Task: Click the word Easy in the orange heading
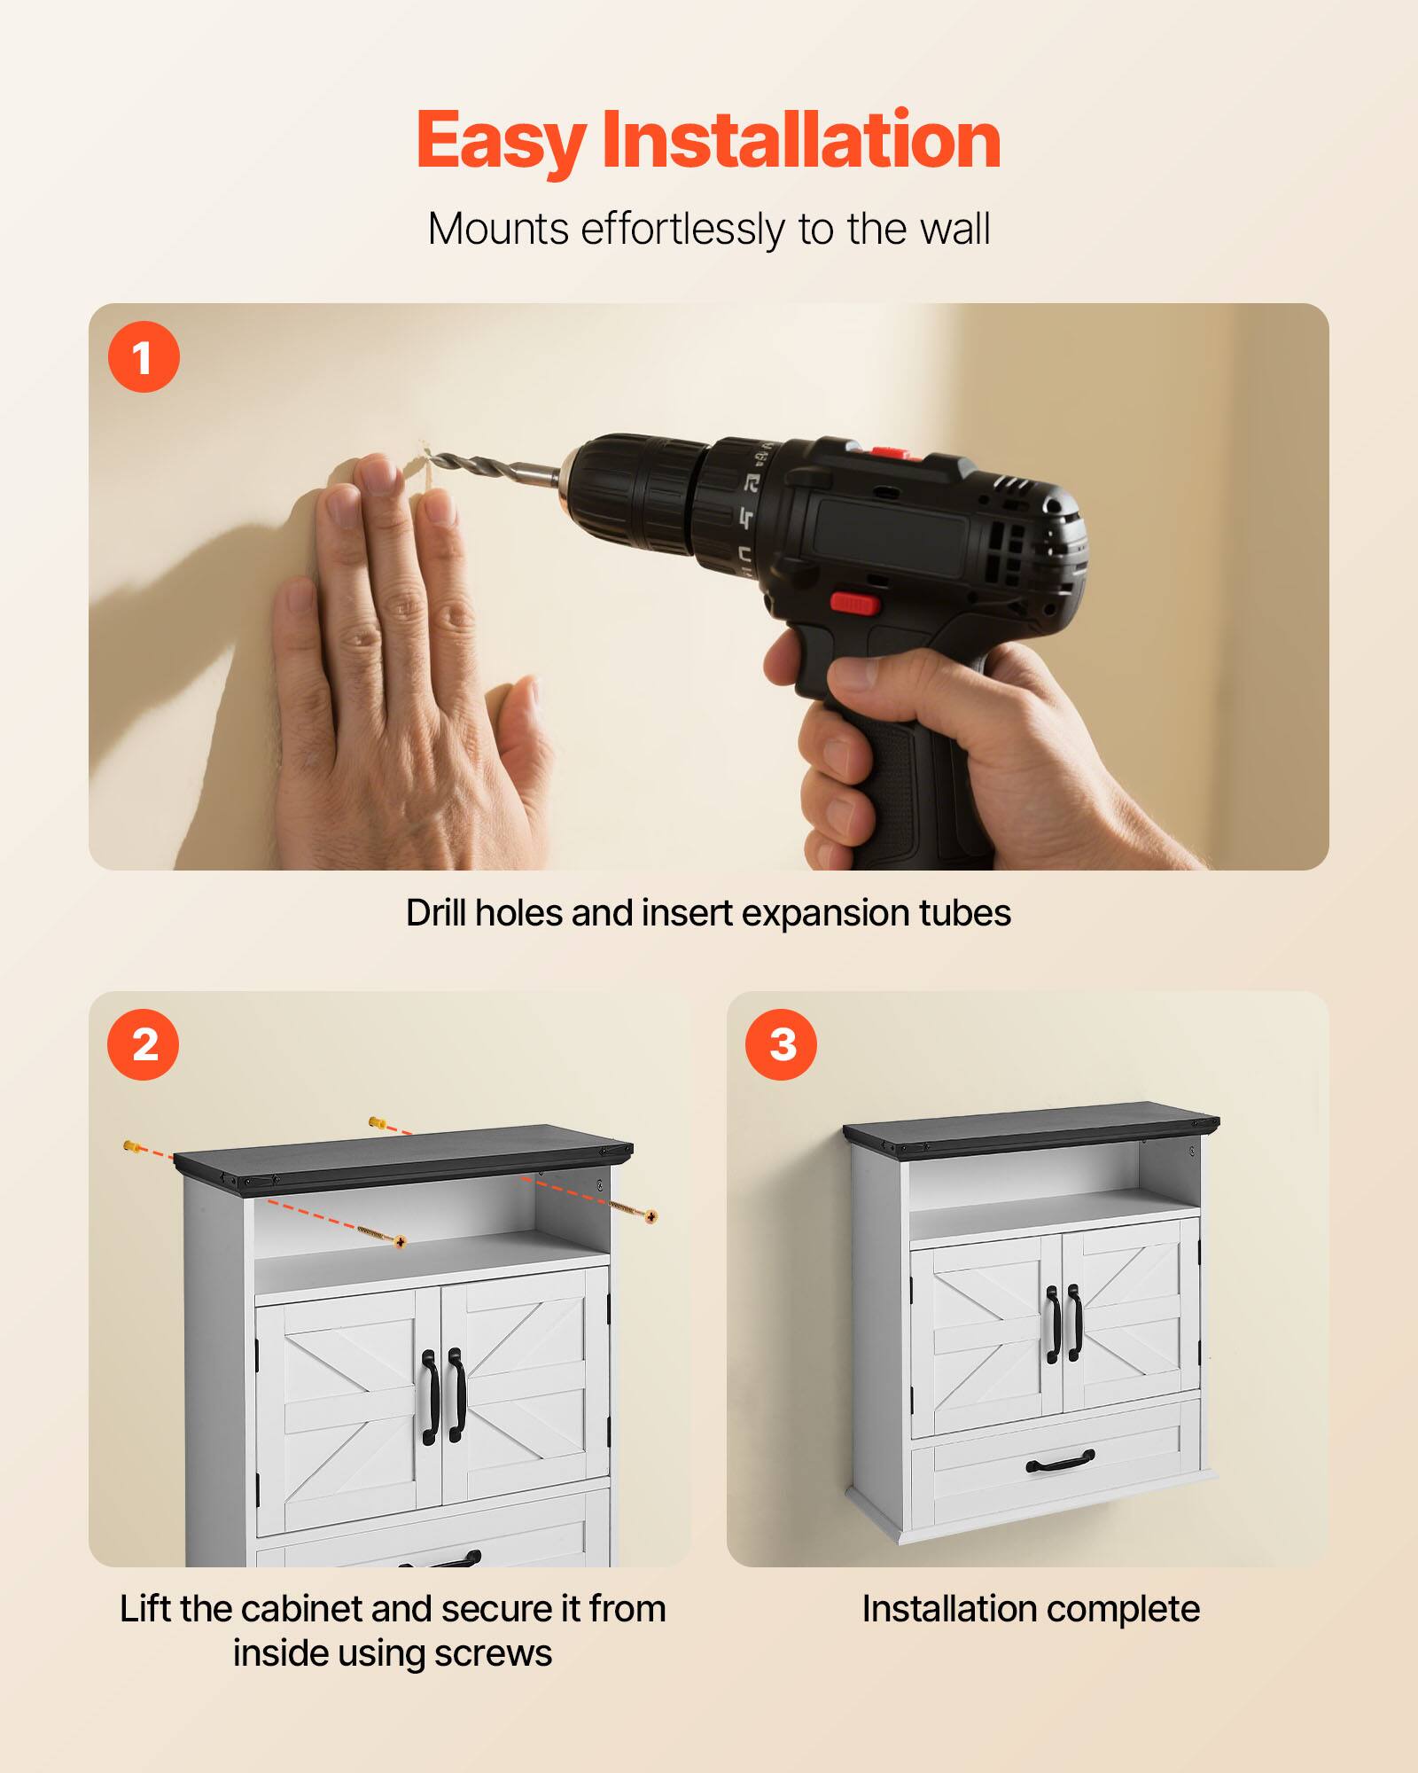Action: (501, 142)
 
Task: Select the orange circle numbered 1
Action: (144, 357)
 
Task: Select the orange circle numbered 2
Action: (144, 1044)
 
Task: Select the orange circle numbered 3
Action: (781, 1044)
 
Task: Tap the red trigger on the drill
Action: (854, 604)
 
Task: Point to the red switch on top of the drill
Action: (891, 453)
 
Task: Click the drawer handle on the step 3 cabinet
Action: (1060, 1462)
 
